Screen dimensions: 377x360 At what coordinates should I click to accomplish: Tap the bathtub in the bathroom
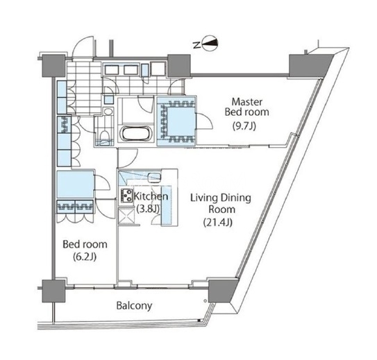point(136,133)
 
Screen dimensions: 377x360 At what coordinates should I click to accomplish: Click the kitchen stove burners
point(127,196)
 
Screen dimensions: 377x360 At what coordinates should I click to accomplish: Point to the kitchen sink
point(153,178)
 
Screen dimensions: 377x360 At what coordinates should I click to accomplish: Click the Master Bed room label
point(246,107)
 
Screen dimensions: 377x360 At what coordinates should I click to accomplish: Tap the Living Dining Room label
point(221,204)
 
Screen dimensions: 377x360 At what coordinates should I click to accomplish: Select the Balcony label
point(134,306)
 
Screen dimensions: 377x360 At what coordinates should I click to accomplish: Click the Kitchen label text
point(151,196)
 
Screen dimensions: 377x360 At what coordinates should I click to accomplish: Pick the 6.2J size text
point(85,257)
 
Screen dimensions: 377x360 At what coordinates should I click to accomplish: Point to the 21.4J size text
point(218,223)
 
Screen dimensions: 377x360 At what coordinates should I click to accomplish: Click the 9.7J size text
point(244,126)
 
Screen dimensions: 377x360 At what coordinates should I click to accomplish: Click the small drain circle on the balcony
point(205,300)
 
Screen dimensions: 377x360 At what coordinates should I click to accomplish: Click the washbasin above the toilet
point(108,112)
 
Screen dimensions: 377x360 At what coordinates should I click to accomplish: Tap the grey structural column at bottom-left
point(53,291)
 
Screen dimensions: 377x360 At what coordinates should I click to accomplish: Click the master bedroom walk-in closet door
point(204,121)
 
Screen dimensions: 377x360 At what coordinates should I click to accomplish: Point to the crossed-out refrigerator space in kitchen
point(126,216)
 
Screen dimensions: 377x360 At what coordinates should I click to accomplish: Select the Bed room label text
point(85,244)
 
